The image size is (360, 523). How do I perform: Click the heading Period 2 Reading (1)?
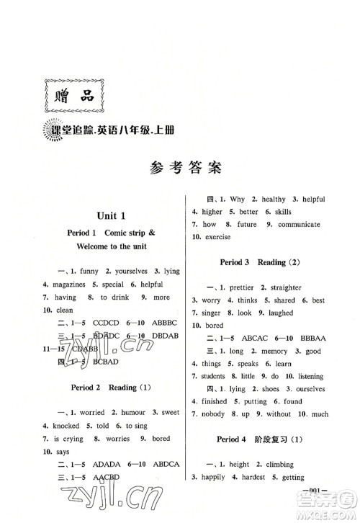(109, 388)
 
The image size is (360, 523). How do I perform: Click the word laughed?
(279, 313)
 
